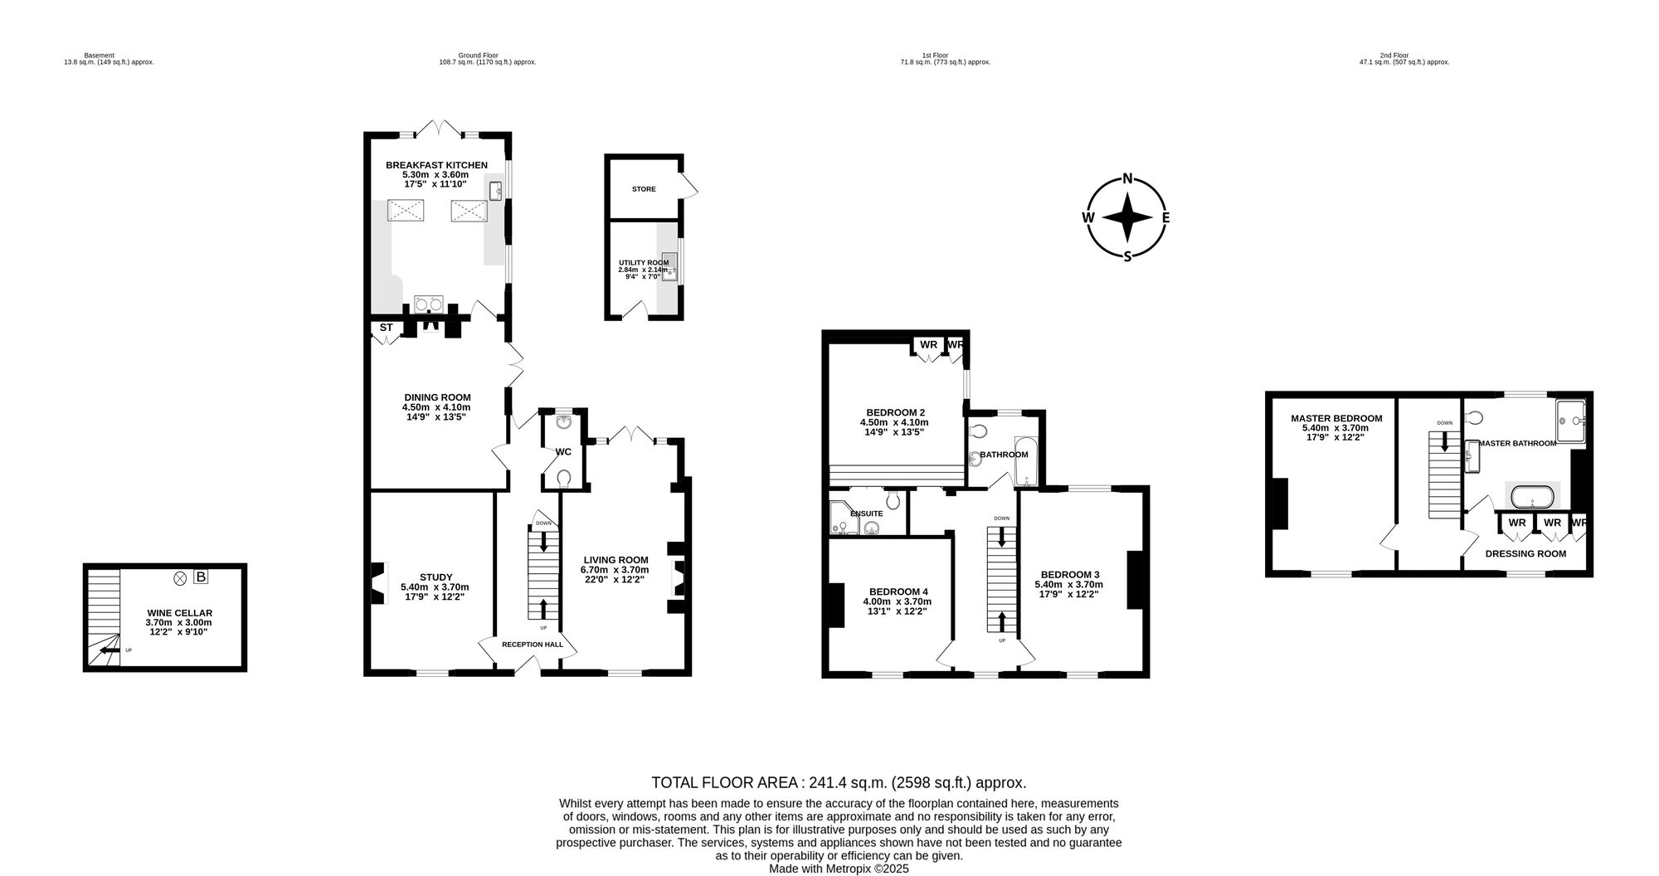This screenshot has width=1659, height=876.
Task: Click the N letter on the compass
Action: (1127, 178)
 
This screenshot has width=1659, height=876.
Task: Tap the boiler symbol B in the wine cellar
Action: (201, 577)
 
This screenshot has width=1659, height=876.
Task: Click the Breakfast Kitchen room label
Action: (436, 165)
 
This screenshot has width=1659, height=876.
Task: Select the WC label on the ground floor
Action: (563, 452)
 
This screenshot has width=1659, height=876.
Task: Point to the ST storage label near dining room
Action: (386, 328)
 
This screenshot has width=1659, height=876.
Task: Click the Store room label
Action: (644, 189)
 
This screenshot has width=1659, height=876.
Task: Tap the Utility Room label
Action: (644, 262)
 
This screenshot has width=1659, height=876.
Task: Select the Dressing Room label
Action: (1525, 553)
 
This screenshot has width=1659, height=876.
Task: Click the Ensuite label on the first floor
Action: (867, 513)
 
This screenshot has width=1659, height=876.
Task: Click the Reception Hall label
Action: (532, 645)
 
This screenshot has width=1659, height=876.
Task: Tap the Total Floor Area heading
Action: (839, 782)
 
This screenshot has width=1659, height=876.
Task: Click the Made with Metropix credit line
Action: (839, 869)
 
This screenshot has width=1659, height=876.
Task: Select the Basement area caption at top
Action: (109, 59)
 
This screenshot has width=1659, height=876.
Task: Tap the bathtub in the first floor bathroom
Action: (1026, 461)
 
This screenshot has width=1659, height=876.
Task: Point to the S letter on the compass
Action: (1127, 256)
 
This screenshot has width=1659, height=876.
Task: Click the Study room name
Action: (435, 577)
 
